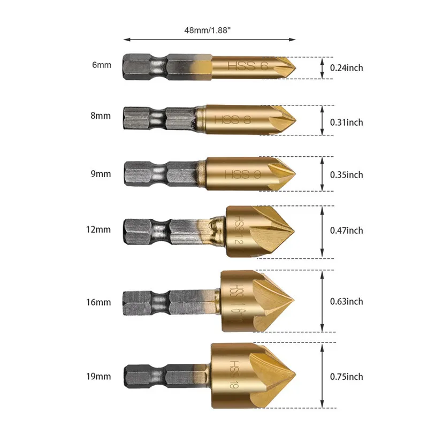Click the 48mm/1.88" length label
(x=208, y=30)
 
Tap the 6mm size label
(x=102, y=65)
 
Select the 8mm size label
(x=101, y=116)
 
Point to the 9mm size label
(x=101, y=174)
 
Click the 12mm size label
(x=98, y=230)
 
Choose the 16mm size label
(x=98, y=302)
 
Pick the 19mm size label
(x=98, y=377)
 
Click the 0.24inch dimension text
(x=346, y=68)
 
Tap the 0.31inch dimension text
(x=346, y=123)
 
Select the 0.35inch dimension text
(x=346, y=175)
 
